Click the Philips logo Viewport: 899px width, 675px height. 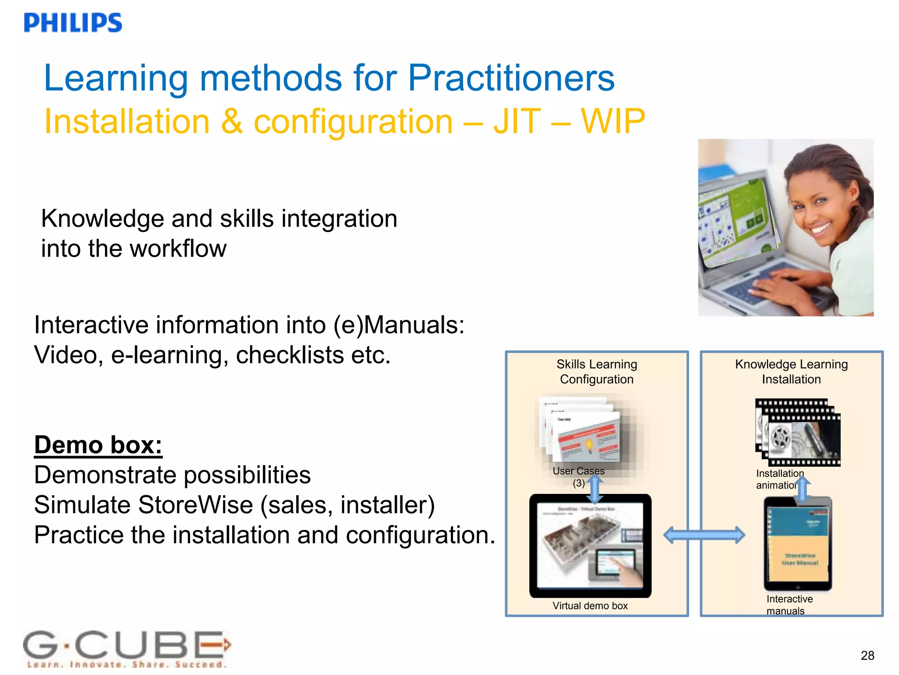point(73,23)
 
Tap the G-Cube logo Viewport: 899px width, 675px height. point(126,648)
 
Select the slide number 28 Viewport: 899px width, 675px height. point(867,655)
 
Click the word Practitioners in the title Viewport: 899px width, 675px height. point(511,78)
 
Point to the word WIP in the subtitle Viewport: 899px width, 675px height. point(613,121)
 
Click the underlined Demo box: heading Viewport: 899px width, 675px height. point(98,445)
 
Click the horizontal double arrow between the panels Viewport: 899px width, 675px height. point(704,535)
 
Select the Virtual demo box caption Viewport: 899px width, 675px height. point(590,606)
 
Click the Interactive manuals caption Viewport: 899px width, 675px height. point(789,605)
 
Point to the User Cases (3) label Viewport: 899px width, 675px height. point(578,476)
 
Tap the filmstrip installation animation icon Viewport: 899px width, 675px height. point(798,433)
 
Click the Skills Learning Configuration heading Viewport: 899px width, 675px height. point(597,372)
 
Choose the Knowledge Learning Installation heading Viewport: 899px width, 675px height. point(791,372)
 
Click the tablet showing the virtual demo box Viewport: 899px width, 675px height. point(590,546)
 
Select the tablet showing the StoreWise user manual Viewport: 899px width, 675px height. point(798,544)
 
